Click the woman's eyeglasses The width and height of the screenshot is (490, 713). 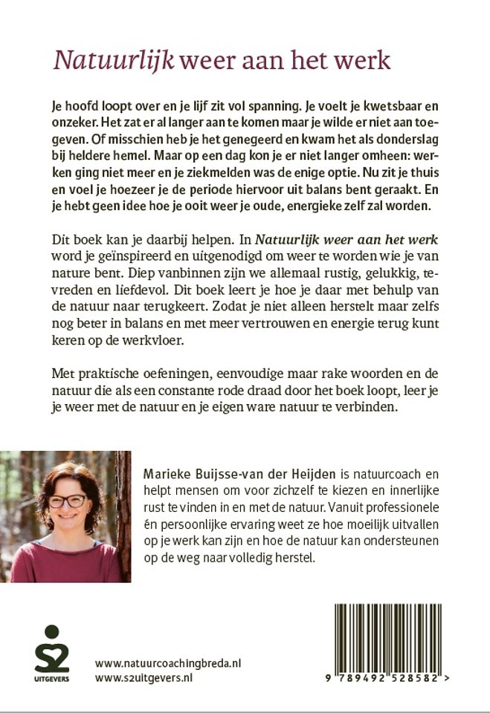coord(68,500)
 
